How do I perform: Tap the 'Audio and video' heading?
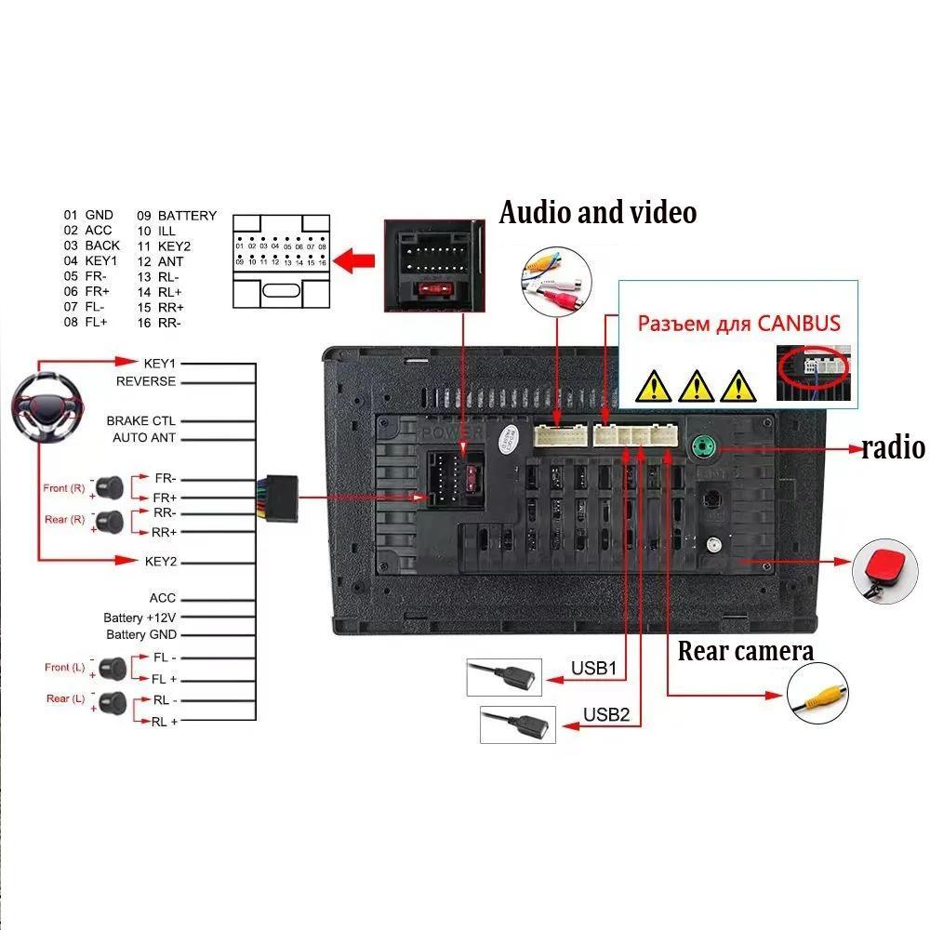[598, 212]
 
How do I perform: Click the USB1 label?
[594, 668]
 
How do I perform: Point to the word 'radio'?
[893, 448]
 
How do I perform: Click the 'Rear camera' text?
[745, 651]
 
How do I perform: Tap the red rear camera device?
[878, 565]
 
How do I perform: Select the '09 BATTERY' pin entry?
[178, 216]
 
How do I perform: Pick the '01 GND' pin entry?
[88, 216]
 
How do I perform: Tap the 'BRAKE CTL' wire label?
[140, 421]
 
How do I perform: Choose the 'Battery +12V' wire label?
[139, 618]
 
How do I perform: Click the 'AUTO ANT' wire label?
[144, 438]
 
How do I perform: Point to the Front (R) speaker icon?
[111, 485]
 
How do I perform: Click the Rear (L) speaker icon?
[112, 701]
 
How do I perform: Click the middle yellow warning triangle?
[695, 383]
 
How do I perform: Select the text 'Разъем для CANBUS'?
[738, 324]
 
